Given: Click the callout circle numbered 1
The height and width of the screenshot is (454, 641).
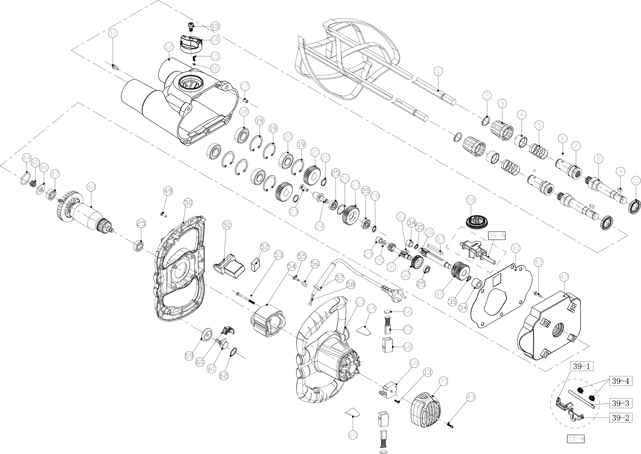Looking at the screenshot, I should click(438, 71).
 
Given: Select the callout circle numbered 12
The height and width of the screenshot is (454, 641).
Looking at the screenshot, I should click(169, 47).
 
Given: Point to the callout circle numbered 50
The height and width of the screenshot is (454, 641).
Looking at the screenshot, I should click(188, 202).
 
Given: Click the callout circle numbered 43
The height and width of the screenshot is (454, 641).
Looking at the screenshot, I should click(564, 277).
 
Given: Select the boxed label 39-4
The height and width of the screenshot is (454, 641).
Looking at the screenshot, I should click(620, 381).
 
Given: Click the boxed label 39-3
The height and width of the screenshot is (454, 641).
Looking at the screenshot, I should click(620, 403).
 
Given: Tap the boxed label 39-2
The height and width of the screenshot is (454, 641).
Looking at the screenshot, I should click(620, 418).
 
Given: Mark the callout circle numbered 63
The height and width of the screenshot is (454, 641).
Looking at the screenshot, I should click(360, 302).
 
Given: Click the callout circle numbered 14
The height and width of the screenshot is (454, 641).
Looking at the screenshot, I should click(215, 40).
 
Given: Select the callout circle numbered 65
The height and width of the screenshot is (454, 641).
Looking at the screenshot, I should click(353, 435).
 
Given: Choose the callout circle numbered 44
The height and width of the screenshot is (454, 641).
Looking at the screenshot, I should click(27, 158).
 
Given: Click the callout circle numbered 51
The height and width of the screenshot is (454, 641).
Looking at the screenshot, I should click(227, 225).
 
